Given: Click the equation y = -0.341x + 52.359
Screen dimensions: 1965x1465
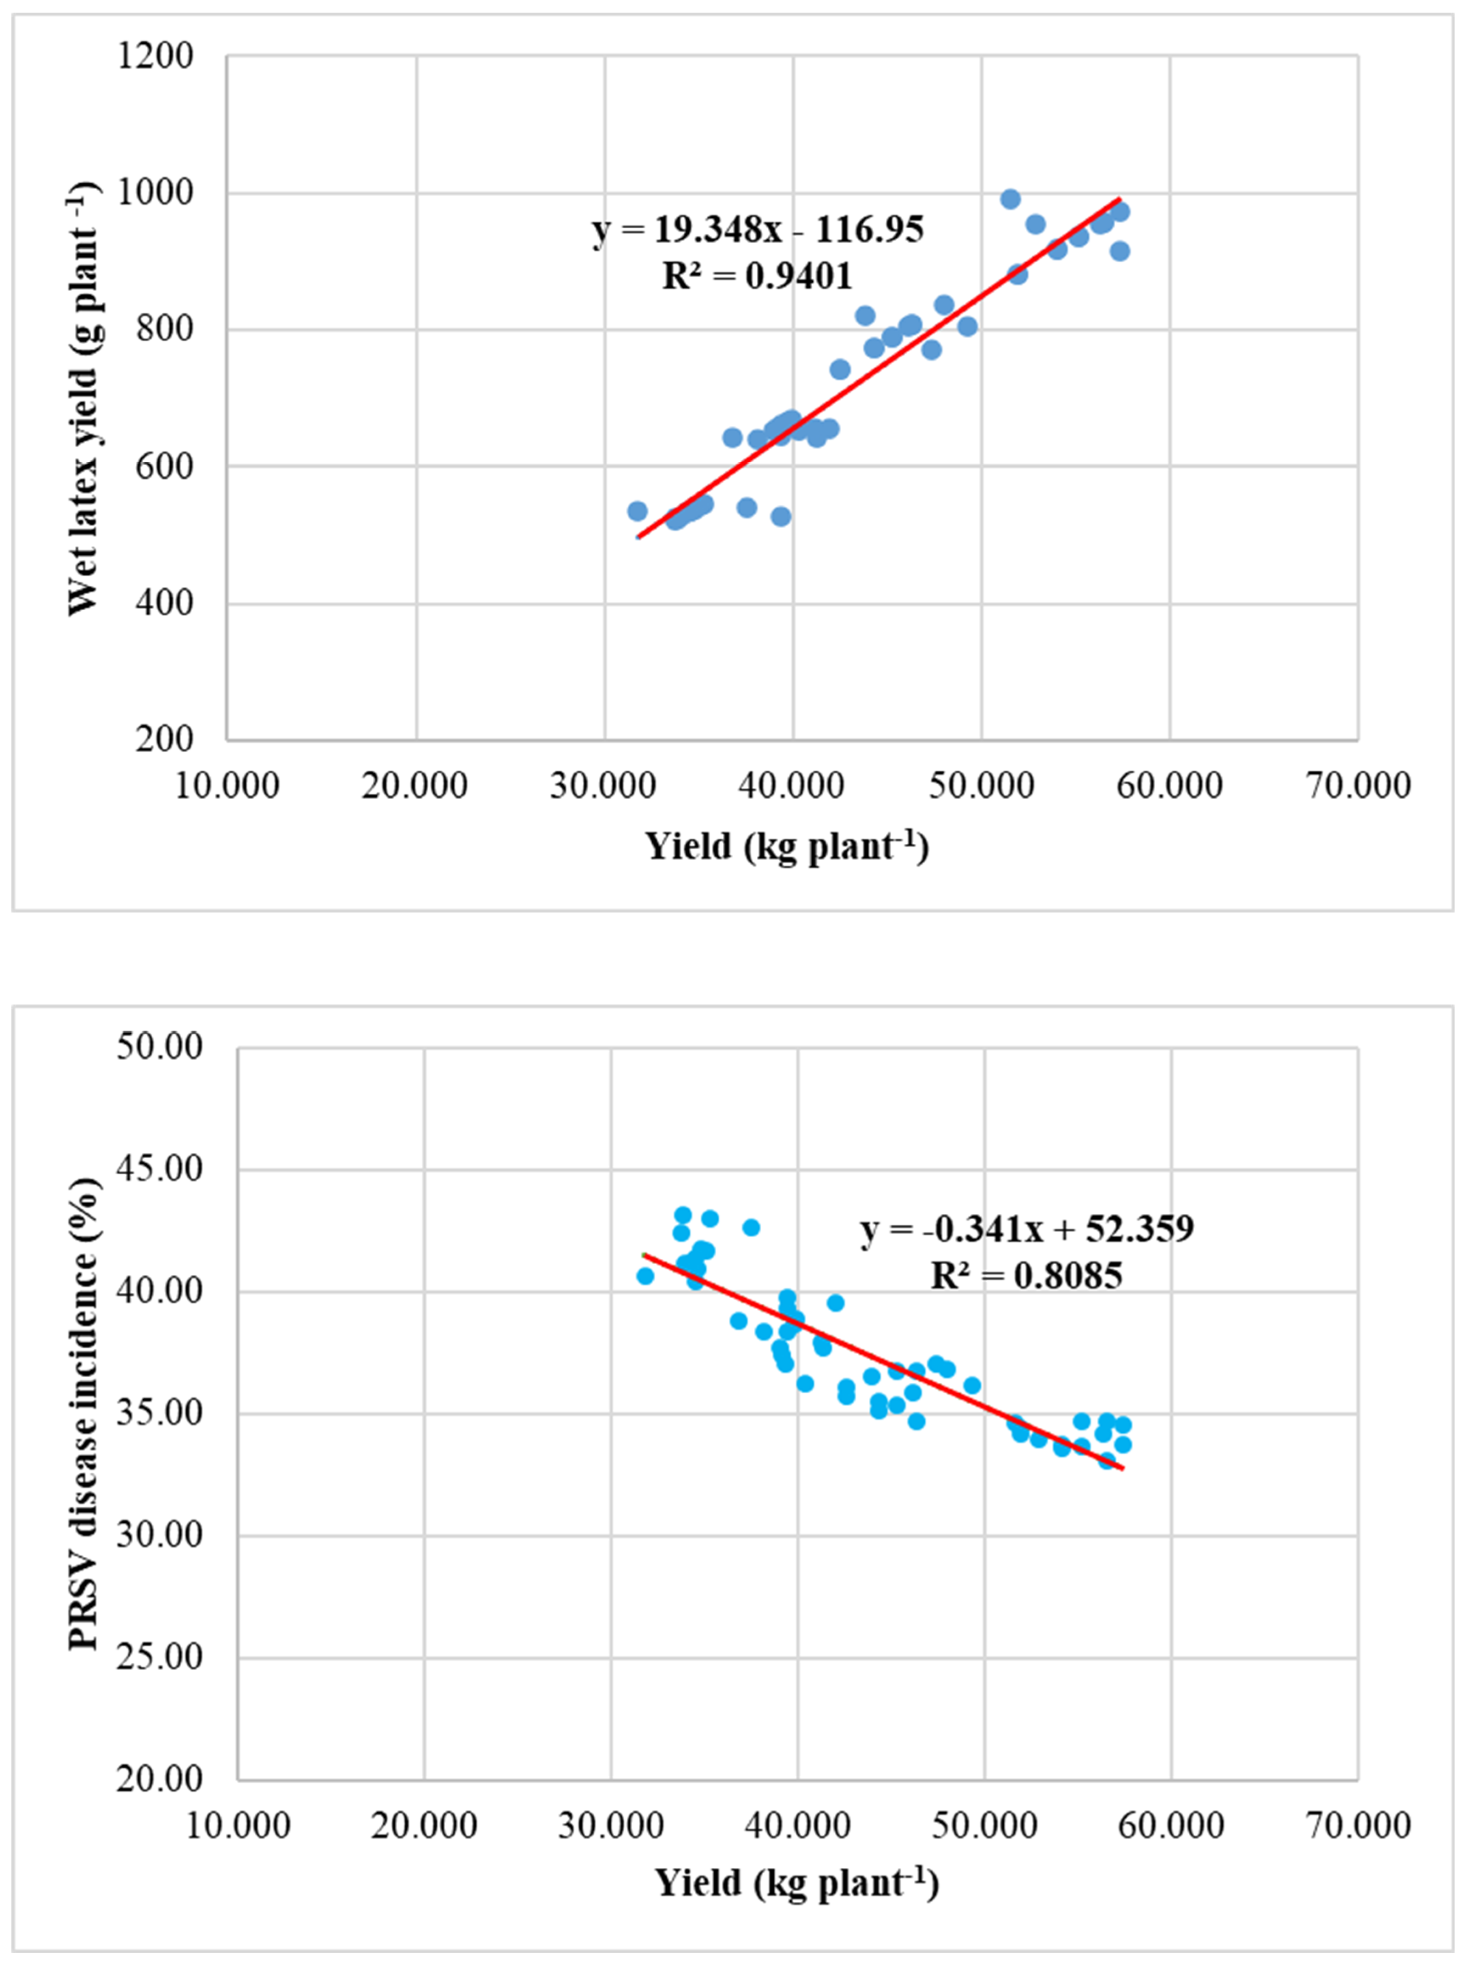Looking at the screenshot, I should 1027,1229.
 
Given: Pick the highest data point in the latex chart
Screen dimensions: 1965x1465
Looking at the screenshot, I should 1010,199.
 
